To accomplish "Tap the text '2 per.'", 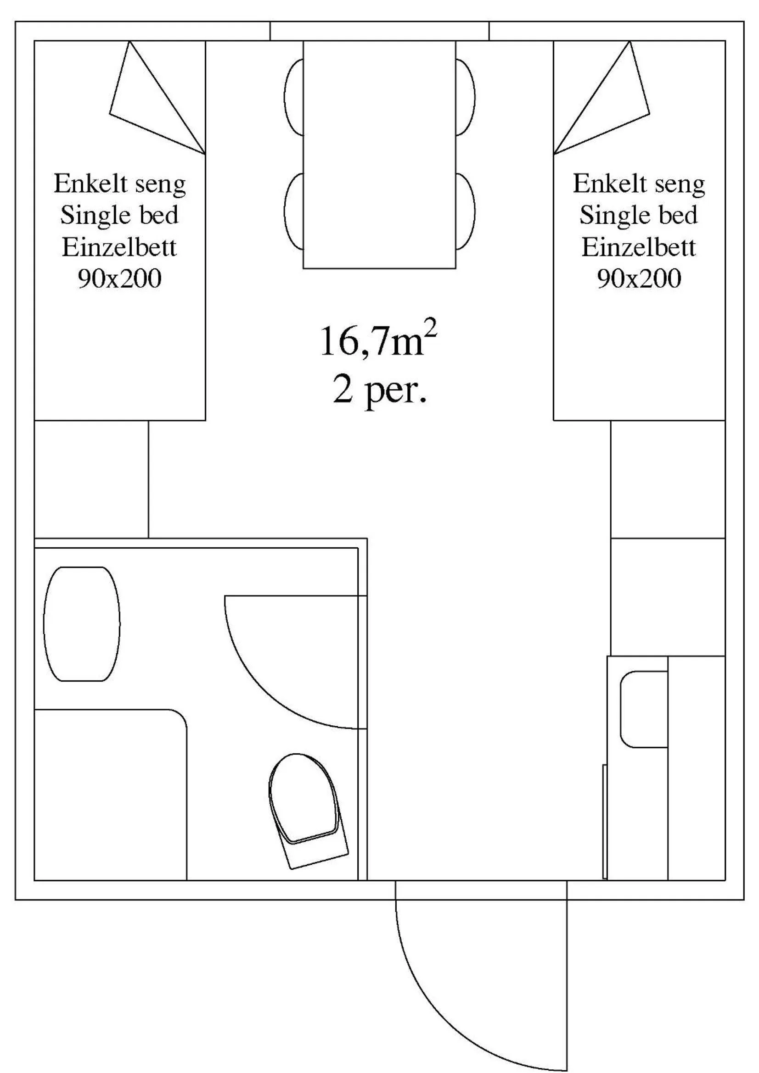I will (x=379, y=390).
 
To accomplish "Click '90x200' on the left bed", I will (x=120, y=279).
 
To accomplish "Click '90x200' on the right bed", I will (x=639, y=279).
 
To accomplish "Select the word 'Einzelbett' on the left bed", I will (x=120, y=247).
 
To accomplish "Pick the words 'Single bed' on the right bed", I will (x=639, y=216).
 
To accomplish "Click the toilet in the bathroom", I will (x=306, y=808).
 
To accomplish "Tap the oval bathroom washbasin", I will (x=81, y=624).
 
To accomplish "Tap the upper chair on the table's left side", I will (x=294, y=97).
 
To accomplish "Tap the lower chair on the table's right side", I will (x=466, y=211).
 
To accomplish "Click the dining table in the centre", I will (x=379, y=154).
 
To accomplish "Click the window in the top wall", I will (x=379, y=31).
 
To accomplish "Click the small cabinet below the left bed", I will (x=91, y=479).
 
